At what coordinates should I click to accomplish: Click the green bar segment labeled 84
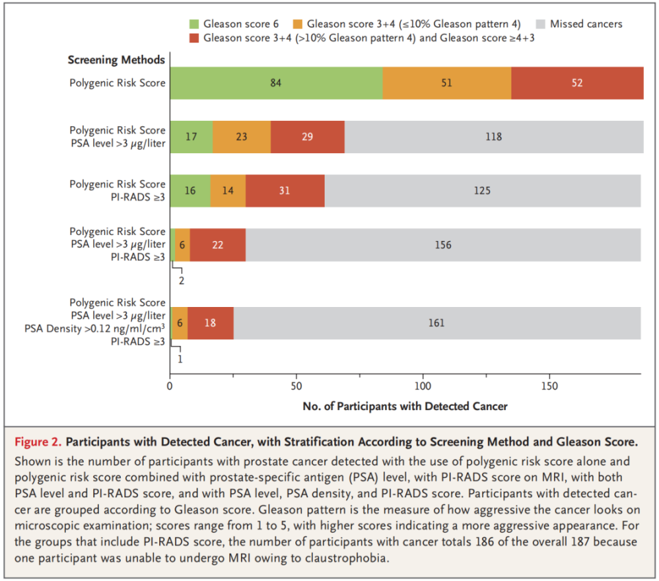coord(277,83)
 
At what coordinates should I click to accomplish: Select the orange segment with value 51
coord(447,83)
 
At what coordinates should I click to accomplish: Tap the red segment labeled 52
coord(577,83)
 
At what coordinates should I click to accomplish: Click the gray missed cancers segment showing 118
coord(494,137)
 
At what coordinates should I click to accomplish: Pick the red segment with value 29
coord(308,137)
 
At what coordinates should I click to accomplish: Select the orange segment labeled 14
coord(228,190)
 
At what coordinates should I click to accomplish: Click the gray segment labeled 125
coord(483,190)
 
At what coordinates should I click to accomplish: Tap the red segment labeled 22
coord(218,244)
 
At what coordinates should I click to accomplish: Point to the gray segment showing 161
coord(437,323)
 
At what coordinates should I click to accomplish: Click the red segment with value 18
coord(211,323)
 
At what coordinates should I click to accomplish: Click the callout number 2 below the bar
coord(181,280)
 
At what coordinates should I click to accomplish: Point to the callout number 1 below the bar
coord(181,359)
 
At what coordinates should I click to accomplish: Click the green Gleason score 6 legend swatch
coord(194,24)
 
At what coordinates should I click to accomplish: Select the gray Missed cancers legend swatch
coord(541,24)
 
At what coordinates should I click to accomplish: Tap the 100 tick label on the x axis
coord(423,386)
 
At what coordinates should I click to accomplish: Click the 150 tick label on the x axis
coord(549,386)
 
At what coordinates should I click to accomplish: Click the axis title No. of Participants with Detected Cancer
coord(405,406)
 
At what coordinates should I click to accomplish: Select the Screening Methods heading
coord(117,60)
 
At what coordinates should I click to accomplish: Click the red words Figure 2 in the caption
coord(38,442)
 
